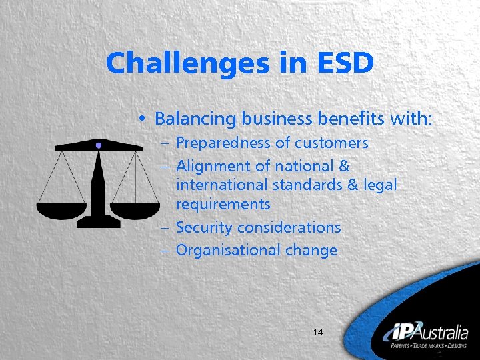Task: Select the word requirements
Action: click(223, 203)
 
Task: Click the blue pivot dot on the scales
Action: click(99, 145)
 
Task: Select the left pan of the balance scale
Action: click(61, 211)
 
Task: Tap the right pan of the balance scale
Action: click(135, 211)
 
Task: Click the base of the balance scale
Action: click(99, 223)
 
